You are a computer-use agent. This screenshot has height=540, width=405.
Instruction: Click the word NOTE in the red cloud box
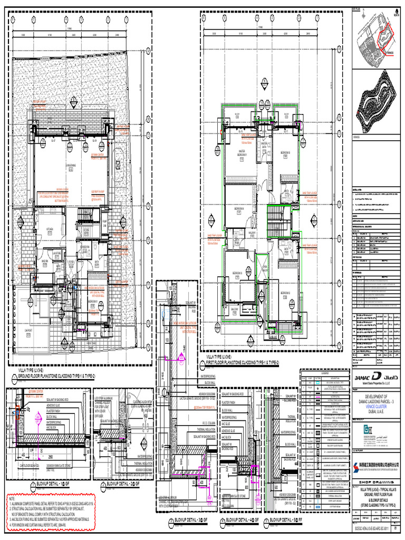tap(12, 497)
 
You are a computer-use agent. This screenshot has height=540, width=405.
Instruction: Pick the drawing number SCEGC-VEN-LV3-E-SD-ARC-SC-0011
tap(371, 533)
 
